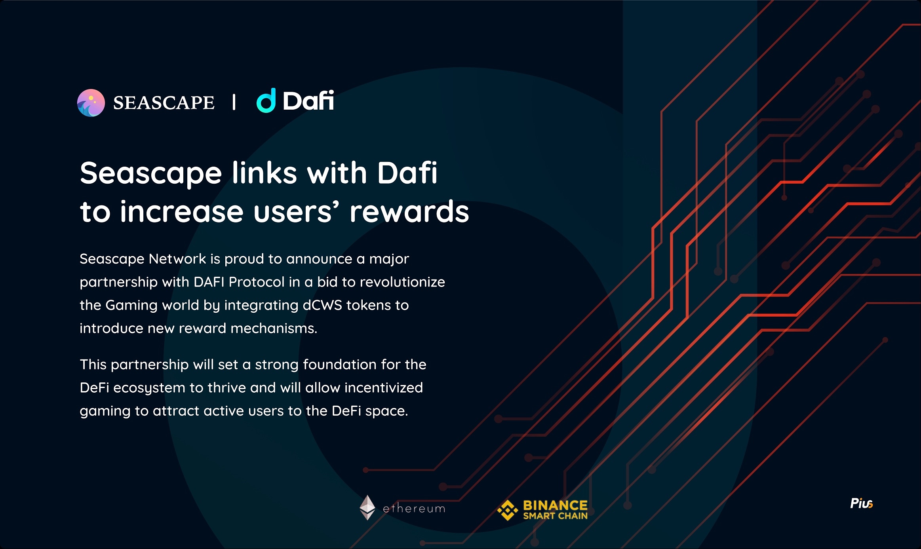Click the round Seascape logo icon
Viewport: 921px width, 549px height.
pos(91,103)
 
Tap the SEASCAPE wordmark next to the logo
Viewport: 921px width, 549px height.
pos(164,103)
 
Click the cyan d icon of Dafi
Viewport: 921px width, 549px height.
pos(266,101)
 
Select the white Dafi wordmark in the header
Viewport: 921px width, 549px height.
pos(308,101)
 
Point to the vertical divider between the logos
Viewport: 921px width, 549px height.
pos(234,102)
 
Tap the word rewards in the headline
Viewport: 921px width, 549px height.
pos(409,212)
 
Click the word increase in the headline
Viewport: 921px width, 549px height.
pos(182,212)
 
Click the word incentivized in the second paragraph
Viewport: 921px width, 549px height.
pos(384,388)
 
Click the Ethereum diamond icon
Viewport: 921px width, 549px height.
pos(367,507)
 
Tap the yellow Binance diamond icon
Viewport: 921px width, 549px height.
pos(508,510)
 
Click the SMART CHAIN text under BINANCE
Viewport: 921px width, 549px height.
pos(555,516)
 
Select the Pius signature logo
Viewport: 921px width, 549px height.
pos(862,503)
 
